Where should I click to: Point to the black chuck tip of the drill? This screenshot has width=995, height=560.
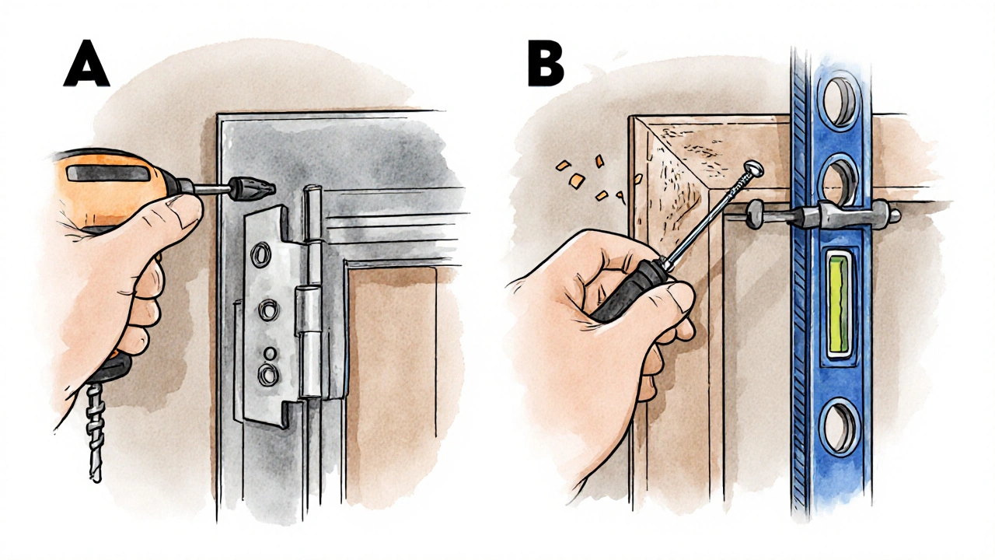pyautogui.click(x=251, y=189)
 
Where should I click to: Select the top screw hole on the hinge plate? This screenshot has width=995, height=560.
pyautogui.click(x=260, y=254)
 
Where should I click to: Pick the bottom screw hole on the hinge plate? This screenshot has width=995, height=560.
pyautogui.click(x=268, y=374)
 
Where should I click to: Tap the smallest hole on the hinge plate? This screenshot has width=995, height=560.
pyautogui.click(x=270, y=353)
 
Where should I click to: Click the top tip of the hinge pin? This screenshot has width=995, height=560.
pyautogui.click(x=312, y=188)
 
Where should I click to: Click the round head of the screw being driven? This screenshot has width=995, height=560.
pyautogui.click(x=754, y=168)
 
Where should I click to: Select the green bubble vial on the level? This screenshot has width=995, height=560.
pyautogui.click(x=838, y=307)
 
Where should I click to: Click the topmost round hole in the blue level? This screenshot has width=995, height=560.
pyautogui.click(x=839, y=102)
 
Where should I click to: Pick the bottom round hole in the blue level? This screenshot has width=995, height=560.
pyautogui.click(x=838, y=428)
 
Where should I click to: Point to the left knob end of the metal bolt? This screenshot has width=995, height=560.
pyautogui.click(x=754, y=214)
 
